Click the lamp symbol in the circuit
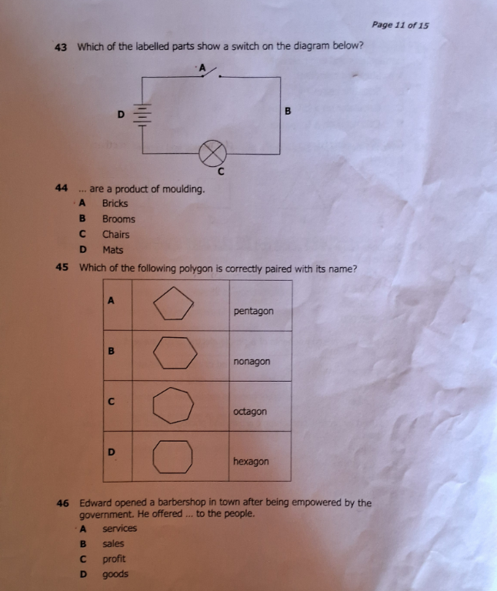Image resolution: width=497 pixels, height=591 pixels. (212, 153)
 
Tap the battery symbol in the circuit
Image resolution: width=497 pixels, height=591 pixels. (142, 115)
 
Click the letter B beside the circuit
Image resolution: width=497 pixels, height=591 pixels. (288, 111)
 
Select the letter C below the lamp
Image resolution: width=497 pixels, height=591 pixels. (221, 172)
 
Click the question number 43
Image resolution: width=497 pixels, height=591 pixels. (61, 48)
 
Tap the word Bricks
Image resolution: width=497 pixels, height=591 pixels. (115, 203)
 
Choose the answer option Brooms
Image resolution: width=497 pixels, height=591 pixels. (118, 219)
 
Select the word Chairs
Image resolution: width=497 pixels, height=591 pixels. (115, 235)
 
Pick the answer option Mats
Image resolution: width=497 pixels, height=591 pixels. (112, 250)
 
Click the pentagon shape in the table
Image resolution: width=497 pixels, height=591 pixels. (173, 303)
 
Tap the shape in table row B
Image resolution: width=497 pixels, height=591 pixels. (175, 352)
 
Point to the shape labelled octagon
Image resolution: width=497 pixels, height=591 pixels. (173, 406)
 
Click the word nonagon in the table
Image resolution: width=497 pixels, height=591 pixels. (252, 362)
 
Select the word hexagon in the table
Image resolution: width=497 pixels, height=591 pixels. (251, 462)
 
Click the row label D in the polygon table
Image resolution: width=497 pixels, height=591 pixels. (111, 452)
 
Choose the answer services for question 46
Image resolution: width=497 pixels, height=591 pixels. (119, 529)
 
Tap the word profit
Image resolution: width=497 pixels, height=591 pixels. (114, 559)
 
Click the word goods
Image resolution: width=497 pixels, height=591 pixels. (115, 574)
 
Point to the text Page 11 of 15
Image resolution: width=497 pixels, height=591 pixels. (400, 25)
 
